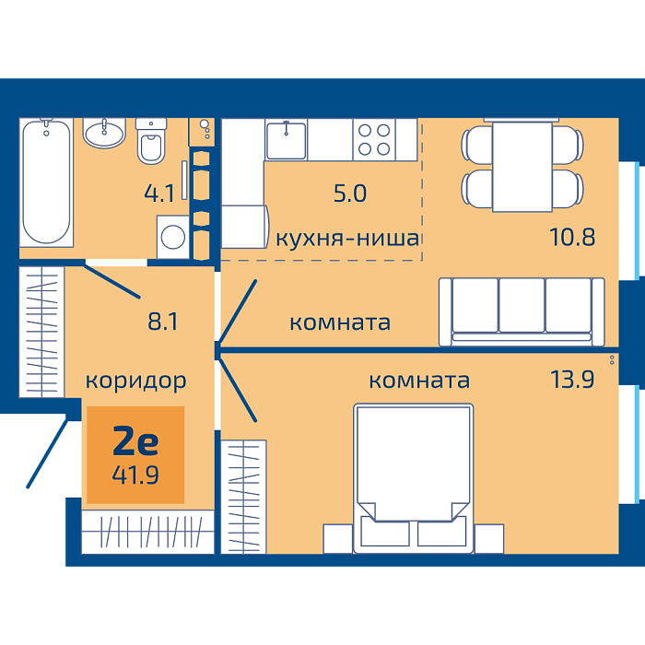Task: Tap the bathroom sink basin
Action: point(104,133)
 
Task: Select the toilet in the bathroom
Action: point(151,141)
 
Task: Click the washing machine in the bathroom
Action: point(173,238)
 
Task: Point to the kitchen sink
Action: point(287,140)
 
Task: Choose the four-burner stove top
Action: point(374,140)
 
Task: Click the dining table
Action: point(522,167)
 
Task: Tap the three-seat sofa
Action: point(522,311)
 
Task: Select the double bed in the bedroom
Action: point(414,478)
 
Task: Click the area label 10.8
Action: point(572,238)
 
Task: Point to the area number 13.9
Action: point(572,380)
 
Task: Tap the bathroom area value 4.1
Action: point(159,193)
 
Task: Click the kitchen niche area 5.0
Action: point(349,193)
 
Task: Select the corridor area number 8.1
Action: point(163,322)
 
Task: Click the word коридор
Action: point(135,381)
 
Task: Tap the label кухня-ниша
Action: point(347,239)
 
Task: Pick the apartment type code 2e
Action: point(135,440)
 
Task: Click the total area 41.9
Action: point(135,475)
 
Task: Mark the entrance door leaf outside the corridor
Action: point(47,453)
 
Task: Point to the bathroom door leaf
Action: point(111,281)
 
